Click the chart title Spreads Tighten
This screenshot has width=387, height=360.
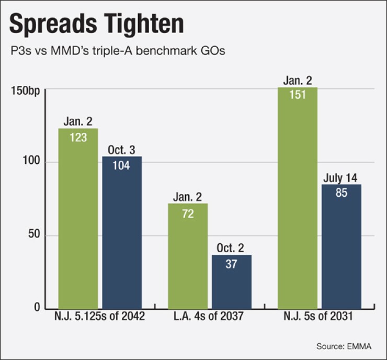[x=97, y=25]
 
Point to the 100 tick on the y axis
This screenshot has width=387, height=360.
[x=32, y=162]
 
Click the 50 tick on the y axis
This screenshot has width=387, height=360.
[x=35, y=235]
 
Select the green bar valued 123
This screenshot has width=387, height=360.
[x=78, y=220]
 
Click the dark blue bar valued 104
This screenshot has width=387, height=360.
[x=122, y=233]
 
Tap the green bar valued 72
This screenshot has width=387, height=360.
[x=188, y=256]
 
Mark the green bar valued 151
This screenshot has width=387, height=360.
[x=298, y=199]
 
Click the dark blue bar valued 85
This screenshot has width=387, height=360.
[x=342, y=246]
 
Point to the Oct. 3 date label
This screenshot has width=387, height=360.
[x=122, y=150]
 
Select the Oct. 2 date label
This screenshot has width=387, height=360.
[x=232, y=249]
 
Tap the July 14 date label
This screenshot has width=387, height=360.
[x=342, y=178]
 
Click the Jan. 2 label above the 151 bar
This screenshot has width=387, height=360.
[x=298, y=81]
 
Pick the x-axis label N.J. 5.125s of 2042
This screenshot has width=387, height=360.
[x=99, y=317]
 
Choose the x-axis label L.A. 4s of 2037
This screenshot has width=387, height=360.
[x=210, y=317]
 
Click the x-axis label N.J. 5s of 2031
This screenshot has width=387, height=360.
[x=320, y=317]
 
